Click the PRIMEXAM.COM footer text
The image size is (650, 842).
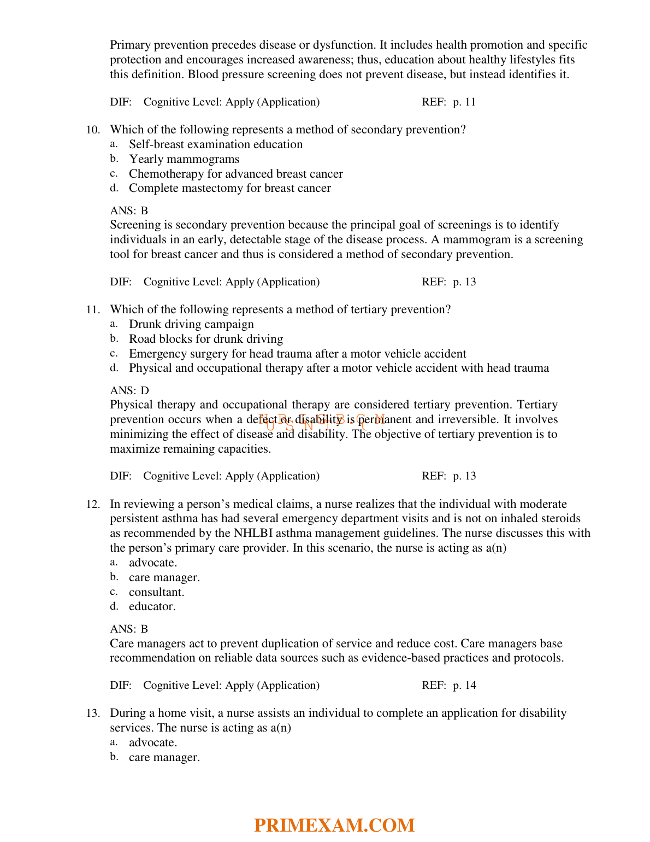tap(334, 825)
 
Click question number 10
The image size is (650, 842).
tap(93, 130)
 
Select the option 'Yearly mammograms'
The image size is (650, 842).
tap(184, 159)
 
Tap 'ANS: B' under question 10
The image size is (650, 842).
tap(129, 210)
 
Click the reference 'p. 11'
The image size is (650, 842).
tap(464, 102)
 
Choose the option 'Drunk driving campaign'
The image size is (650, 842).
tap(191, 324)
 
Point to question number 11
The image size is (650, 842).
tap(93, 310)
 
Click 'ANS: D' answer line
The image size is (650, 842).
tap(129, 390)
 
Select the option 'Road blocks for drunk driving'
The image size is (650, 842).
tap(206, 339)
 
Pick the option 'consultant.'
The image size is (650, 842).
tap(157, 592)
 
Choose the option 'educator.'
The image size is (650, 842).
tap(152, 606)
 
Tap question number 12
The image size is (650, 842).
tap(93, 504)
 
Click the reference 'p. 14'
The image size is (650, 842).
tap(464, 686)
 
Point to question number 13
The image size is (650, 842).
tap(93, 714)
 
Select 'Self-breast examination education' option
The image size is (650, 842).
tap(216, 144)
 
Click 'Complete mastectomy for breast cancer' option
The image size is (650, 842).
tap(230, 188)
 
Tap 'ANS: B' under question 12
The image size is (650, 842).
tap(129, 629)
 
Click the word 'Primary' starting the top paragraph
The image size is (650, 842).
tap(129, 45)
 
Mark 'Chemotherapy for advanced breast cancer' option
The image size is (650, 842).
tap(236, 174)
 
